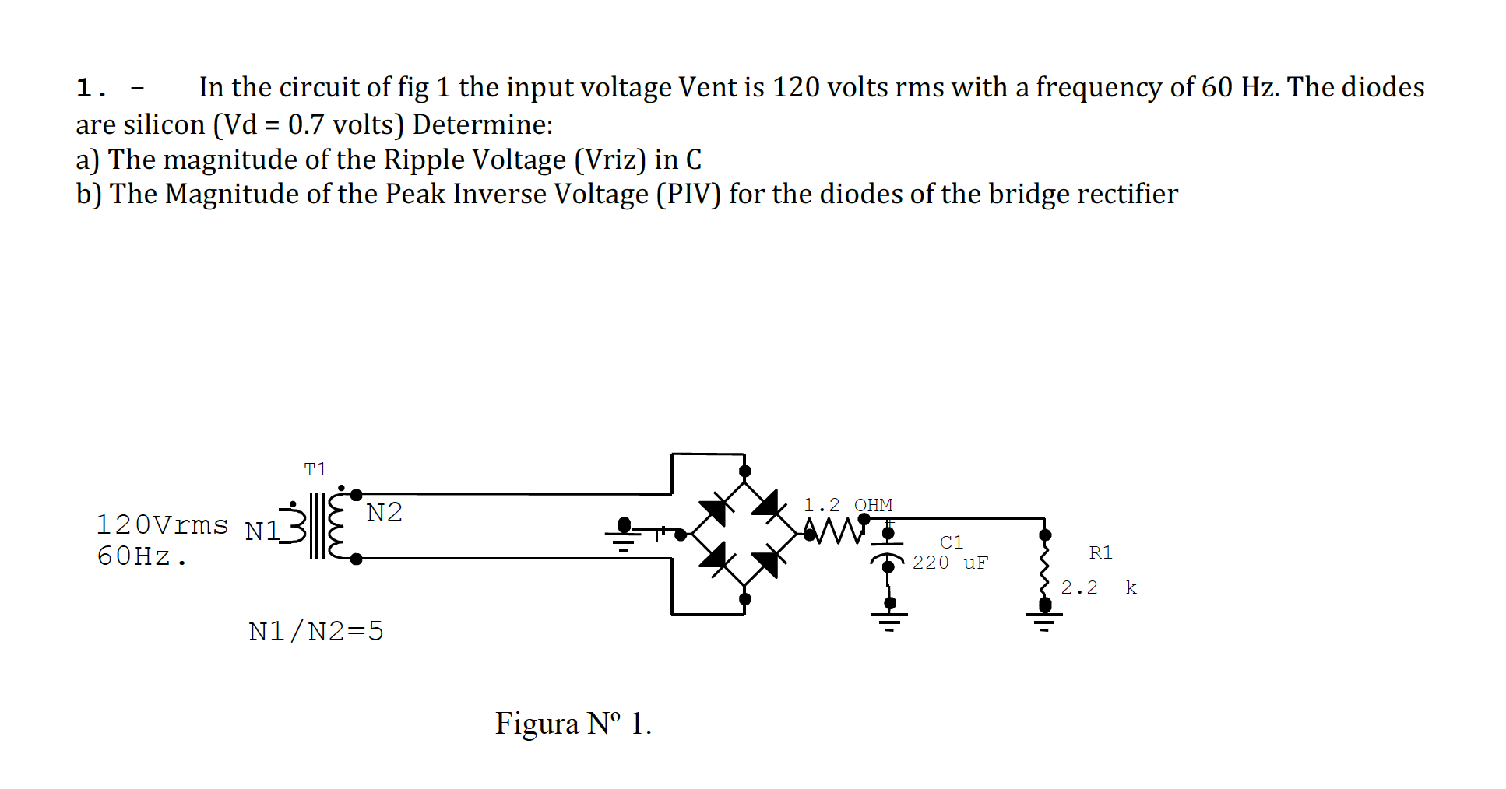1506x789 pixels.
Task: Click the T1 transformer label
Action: [315, 469]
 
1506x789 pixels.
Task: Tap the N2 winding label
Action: [384, 513]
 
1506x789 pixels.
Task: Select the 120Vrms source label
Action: [162, 525]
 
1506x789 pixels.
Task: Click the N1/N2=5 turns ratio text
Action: [316, 631]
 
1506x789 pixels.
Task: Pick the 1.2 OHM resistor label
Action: [847, 505]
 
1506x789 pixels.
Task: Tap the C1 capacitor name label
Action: [951, 542]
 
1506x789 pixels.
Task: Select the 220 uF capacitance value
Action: [949, 563]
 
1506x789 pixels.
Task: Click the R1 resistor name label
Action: [1100, 552]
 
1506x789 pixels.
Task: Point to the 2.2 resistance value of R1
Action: [1079, 587]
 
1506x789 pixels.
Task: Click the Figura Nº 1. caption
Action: [573, 724]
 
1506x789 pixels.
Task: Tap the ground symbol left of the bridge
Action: [623, 537]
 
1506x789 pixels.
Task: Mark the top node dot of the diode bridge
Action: [745, 471]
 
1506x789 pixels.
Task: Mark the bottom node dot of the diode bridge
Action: [745, 598]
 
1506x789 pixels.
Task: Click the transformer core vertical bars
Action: [317, 526]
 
